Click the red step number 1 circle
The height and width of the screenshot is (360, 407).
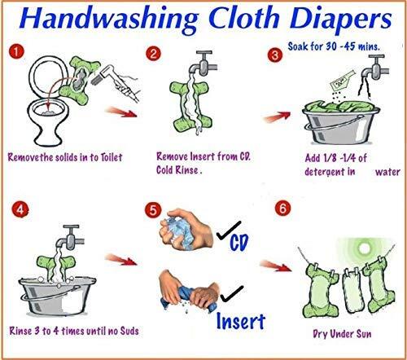(16, 51)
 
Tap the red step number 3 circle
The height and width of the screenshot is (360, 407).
(274, 55)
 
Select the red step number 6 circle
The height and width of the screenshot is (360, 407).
(282, 209)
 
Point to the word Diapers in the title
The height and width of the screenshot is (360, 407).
(341, 20)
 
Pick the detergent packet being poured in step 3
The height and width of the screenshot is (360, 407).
(343, 80)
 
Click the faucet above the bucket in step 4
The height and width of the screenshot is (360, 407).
(71, 237)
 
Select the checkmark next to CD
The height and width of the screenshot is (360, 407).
(229, 230)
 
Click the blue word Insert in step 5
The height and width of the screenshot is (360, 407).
(241, 322)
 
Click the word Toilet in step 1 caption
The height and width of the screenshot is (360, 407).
(112, 157)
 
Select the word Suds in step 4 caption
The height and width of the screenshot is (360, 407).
(129, 331)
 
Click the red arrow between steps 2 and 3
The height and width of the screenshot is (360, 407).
(276, 117)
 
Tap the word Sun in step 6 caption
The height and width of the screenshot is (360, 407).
(363, 334)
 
